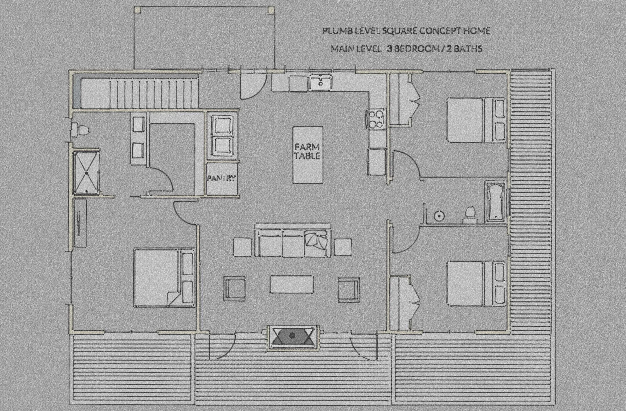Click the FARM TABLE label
point(307,151)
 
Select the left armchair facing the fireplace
point(235,288)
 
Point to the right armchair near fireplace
point(349,288)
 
